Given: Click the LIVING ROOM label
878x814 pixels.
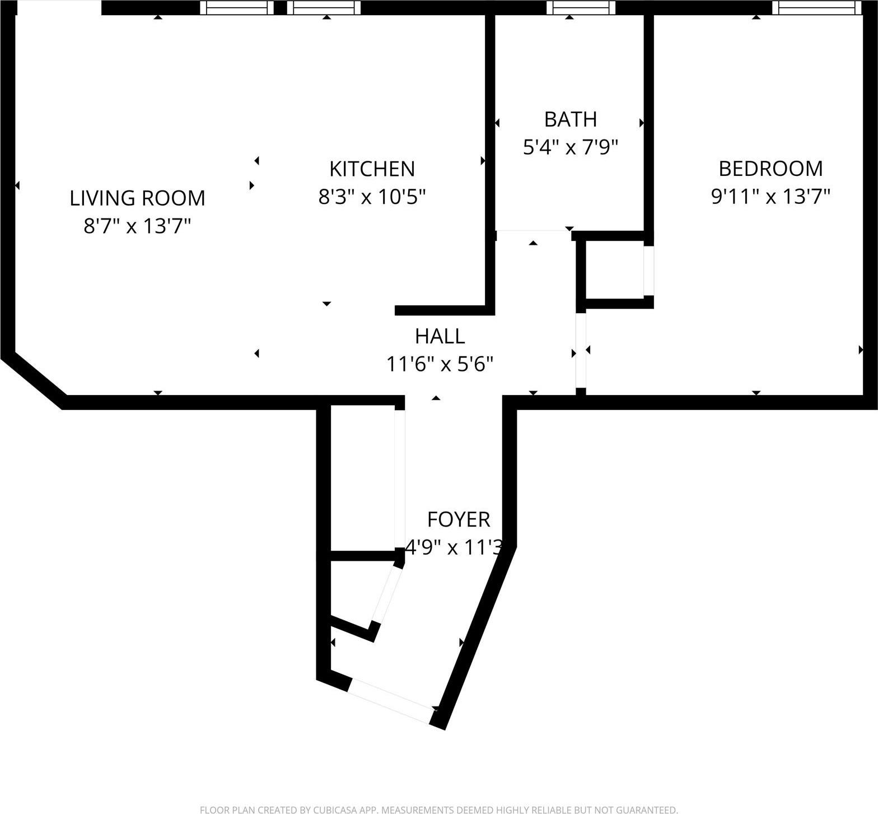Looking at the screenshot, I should tap(137, 198).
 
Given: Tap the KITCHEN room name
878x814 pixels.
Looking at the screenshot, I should tap(372, 169).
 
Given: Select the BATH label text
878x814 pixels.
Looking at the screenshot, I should tap(570, 119).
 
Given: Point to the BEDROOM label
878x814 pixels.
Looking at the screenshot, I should tap(770, 169).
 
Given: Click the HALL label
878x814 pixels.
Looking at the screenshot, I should tap(440, 336).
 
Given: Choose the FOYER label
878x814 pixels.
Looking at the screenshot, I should tap(459, 520).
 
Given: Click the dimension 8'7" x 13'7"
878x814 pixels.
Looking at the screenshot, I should tap(137, 226).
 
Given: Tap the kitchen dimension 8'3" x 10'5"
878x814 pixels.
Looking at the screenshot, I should tap(372, 197).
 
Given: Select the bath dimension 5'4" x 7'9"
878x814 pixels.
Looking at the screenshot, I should tap(570, 147).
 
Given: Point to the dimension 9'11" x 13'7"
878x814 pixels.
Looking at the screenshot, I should tap(770, 197).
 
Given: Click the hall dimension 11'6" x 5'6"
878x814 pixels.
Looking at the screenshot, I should tap(440, 365).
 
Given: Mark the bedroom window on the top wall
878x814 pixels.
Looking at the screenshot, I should tap(816, 7).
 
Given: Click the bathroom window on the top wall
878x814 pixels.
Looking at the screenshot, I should tap(581, 7).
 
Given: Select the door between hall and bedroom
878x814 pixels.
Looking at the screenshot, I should tap(581, 350).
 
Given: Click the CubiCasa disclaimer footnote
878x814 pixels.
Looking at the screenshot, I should tap(439, 810).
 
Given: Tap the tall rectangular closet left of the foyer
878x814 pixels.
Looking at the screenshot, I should tap(363, 479).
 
